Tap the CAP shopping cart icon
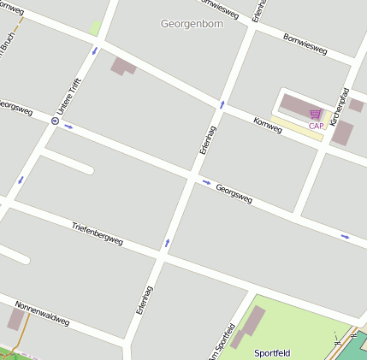click(316, 113)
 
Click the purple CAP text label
click(316, 126)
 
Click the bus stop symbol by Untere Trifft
click(55, 121)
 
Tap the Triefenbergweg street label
click(98, 233)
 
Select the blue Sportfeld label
click(272, 352)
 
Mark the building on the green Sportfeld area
click(251, 323)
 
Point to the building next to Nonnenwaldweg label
click(15, 319)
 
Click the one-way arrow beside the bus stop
click(68, 127)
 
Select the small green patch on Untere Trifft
click(95, 29)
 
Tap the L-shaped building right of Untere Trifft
click(123, 66)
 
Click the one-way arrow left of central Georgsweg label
click(205, 181)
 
